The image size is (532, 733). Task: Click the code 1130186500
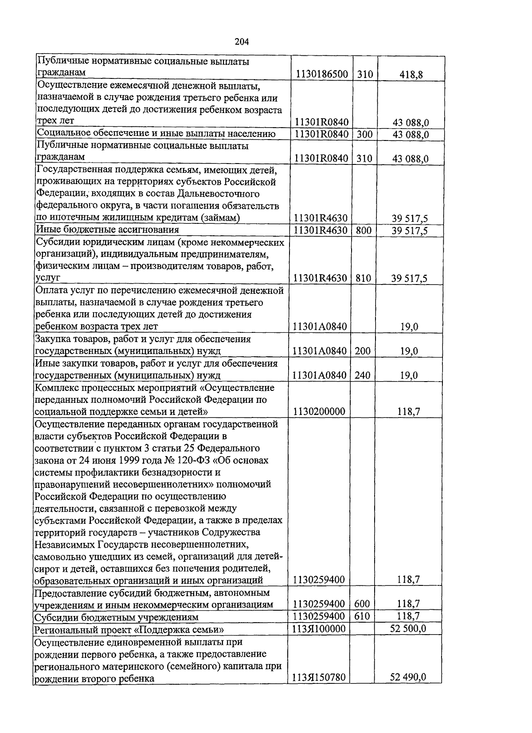(321, 74)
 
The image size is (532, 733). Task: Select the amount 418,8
(411, 74)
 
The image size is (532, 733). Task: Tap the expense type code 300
(364, 134)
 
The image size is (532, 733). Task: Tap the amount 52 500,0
(408, 628)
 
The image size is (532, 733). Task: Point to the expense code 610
(362, 616)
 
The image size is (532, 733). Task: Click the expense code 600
(362, 604)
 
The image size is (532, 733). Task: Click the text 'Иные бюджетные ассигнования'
(108, 230)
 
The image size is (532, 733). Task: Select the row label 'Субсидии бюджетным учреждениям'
(117, 617)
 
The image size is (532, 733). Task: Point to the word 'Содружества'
(231, 532)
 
